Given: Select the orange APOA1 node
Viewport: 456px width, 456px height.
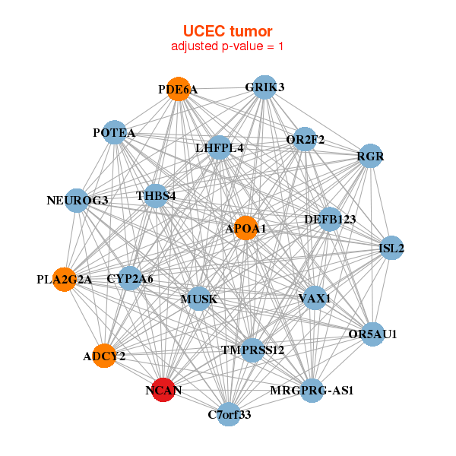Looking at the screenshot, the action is pyautogui.click(x=245, y=228).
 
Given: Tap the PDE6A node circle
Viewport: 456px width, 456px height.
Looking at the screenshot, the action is pyautogui.click(x=178, y=89).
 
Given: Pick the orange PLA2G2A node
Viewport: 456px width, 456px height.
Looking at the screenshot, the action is pyautogui.click(x=65, y=279).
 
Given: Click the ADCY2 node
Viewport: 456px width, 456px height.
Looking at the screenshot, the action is pyautogui.click(x=104, y=355).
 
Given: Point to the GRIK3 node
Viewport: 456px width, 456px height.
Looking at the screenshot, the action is pyautogui.click(x=264, y=87).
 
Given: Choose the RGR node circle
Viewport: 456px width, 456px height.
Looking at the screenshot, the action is pyautogui.click(x=370, y=157).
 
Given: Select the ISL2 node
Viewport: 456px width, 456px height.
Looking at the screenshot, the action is pyautogui.click(x=391, y=249).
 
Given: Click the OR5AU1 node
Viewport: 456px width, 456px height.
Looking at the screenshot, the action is pyautogui.click(x=372, y=334).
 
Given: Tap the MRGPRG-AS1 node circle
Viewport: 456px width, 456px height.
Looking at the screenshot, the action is pyautogui.click(x=312, y=391).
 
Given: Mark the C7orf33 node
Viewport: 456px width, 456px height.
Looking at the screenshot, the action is pyautogui.click(x=229, y=414).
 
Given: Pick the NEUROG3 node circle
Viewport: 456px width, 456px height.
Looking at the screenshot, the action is pyautogui.click(x=77, y=201).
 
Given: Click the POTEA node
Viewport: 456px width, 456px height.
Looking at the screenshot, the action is pyautogui.click(x=114, y=133).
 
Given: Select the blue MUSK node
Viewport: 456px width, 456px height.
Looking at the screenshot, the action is pyautogui.click(x=198, y=299).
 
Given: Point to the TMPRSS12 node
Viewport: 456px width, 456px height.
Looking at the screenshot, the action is pyautogui.click(x=252, y=350).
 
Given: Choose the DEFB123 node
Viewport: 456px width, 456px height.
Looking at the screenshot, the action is pyautogui.click(x=329, y=219).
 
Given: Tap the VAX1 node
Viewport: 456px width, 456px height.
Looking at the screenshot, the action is pyautogui.click(x=314, y=298).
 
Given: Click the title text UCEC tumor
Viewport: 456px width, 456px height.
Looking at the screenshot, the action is pyautogui.click(x=227, y=30).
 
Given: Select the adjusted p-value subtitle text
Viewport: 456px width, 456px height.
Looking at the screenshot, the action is pyautogui.click(x=227, y=46).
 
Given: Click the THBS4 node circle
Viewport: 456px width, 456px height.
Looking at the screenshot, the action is pyautogui.click(x=156, y=196).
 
